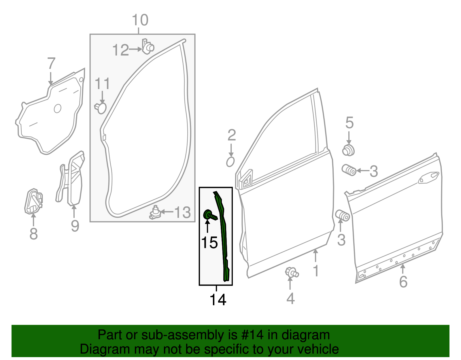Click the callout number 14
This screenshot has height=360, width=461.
click(x=218, y=300)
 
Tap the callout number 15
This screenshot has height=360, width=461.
click(x=209, y=242)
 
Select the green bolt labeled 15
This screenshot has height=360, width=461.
click(x=209, y=215)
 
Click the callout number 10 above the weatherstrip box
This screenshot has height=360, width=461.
click(x=140, y=20)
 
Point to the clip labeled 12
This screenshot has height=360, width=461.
click(x=148, y=47)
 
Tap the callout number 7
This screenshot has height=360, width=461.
click(x=51, y=63)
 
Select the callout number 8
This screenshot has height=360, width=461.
click(x=33, y=233)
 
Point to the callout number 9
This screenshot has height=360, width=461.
click(x=75, y=226)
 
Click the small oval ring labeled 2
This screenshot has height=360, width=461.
click(x=231, y=162)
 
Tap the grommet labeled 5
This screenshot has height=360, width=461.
click(x=348, y=150)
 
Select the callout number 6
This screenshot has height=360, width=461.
click(x=403, y=281)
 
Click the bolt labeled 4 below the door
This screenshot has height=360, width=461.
click(x=291, y=272)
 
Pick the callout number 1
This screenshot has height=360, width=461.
click(x=316, y=271)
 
